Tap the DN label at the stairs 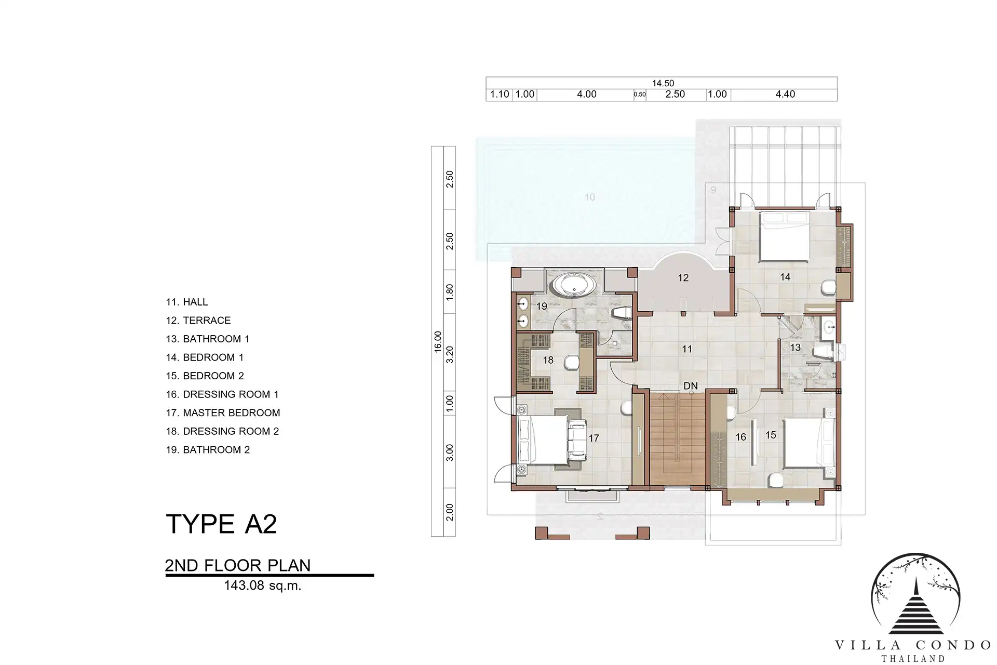tap(690, 386)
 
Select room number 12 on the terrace tap(683, 278)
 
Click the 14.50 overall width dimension tap(663, 83)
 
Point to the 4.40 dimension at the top tap(785, 95)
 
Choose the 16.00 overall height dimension tap(437, 341)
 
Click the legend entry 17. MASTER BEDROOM tap(223, 413)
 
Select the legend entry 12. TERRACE tap(198, 321)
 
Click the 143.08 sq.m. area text tap(262, 586)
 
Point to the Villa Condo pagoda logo tap(915, 594)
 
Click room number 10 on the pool tap(589, 197)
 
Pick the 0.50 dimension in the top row tap(640, 95)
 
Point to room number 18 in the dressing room tap(548, 360)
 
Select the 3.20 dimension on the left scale tap(450, 354)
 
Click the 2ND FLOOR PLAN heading tap(238, 565)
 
